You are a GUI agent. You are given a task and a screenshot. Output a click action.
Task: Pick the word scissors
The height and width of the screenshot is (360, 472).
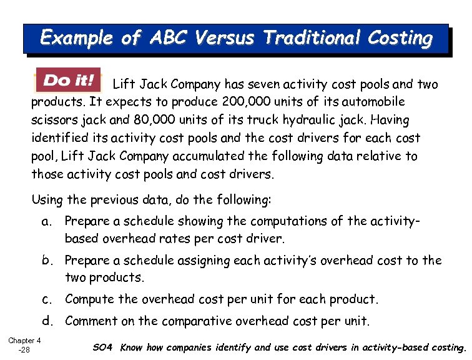pyautogui.click(x=56, y=120)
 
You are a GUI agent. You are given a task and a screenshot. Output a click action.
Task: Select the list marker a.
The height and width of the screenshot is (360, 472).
pyautogui.click(x=46, y=221)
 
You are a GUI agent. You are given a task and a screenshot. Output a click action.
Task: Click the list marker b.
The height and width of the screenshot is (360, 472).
pyautogui.click(x=46, y=261)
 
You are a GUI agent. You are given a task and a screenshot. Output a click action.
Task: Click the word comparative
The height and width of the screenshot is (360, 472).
pyautogui.click(x=197, y=321)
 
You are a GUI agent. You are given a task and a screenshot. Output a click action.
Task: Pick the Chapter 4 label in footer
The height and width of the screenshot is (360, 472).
pyautogui.click(x=24, y=341)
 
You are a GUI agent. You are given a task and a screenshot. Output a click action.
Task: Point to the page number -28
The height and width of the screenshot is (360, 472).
pyautogui.click(x=26, y=350)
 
